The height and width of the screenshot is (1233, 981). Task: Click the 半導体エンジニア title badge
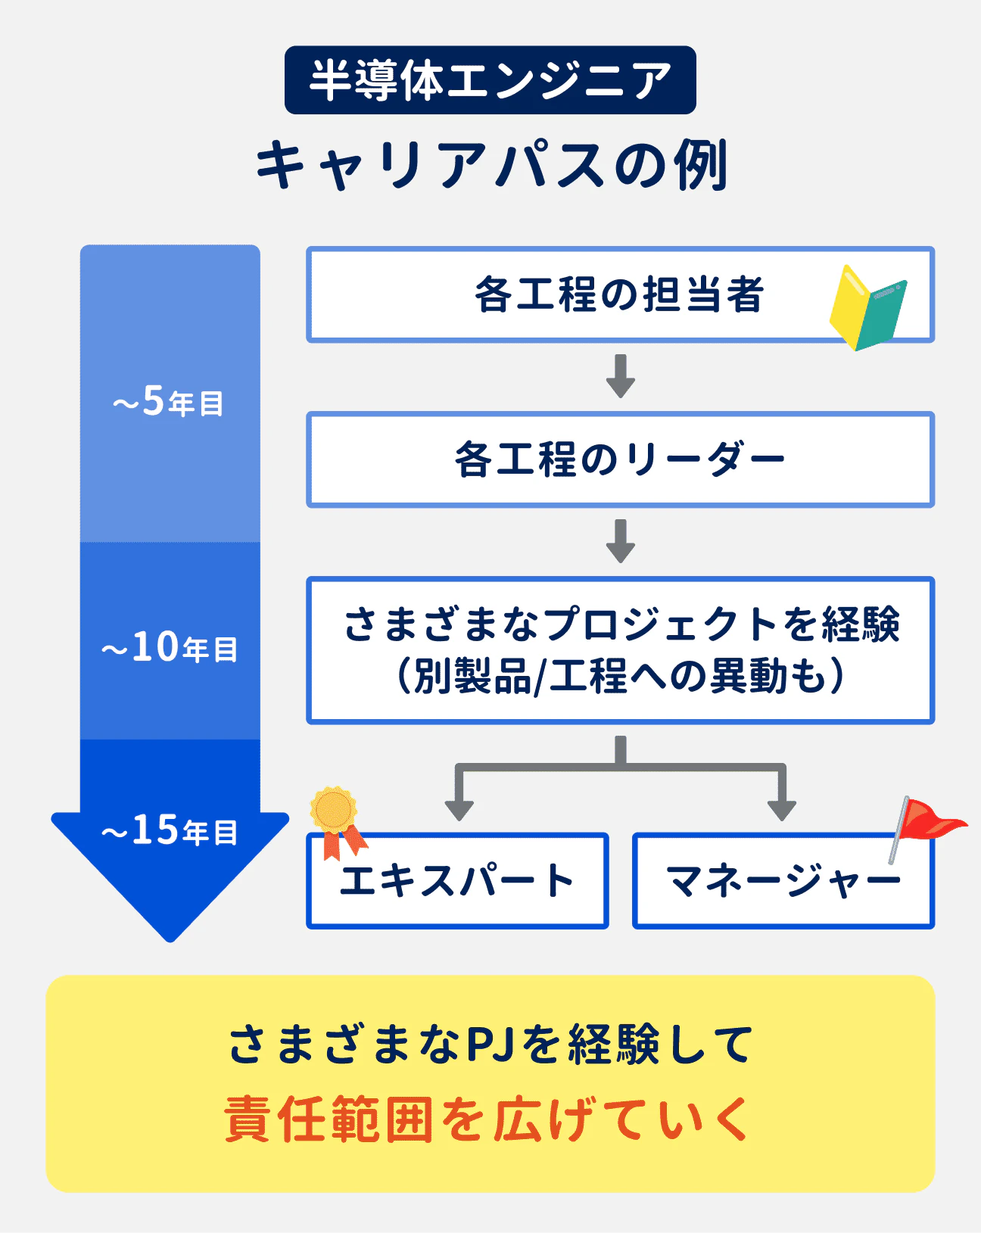(x=490, y=80)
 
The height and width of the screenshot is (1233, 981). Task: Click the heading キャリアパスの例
(x=491, y=165)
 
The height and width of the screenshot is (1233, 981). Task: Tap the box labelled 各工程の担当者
(x=618, y=294)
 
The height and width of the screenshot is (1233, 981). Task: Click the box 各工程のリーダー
(x=619, y=459)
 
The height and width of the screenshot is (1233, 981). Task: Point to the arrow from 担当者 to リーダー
(x=620, y=376)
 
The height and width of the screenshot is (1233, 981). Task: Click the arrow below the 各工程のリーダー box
(x=620, y=541)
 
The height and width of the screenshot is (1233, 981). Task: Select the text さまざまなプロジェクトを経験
(x=621, y=625)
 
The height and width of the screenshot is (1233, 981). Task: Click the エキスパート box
(x=457, y=881)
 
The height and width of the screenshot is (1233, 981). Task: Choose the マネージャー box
(x=783, y=881)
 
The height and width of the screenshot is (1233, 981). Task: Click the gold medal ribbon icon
(x=335, y=820)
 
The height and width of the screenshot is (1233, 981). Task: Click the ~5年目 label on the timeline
(x=169, y=401)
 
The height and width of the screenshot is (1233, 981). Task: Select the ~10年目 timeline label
(x=170, y=647)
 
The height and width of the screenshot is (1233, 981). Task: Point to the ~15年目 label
(x=170, y=830)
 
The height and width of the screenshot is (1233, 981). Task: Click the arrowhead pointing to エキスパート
(x=459, y=809)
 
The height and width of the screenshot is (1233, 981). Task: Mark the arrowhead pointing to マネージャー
(x=782, y=809)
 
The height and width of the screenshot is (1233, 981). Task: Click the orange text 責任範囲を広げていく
(x=488, y=1119)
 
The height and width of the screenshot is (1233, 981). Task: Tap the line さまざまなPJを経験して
(x=490, y=1045)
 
